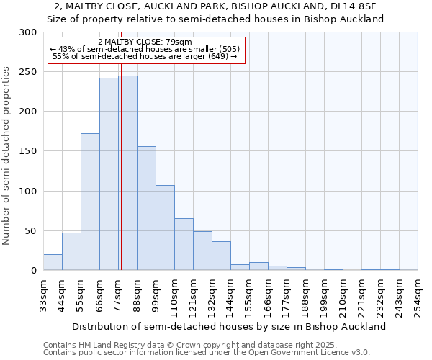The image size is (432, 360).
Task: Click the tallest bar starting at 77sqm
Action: pos(128,173)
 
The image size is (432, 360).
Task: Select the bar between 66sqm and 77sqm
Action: pos(109,174)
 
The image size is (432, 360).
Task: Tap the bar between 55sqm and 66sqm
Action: pos(90,202)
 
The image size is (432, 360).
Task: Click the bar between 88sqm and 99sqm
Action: pos(146,209)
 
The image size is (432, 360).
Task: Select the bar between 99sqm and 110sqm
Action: pos(165,228)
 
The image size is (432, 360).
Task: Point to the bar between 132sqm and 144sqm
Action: pos(221,256)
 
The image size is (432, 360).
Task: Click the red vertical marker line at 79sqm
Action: pos(121,144)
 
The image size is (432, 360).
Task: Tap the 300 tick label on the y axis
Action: pos(28,32)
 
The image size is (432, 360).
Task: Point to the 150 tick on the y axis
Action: pos(28,152)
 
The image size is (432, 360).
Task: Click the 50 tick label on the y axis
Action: pos(31,231)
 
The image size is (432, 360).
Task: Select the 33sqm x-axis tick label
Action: pos(44,294)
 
